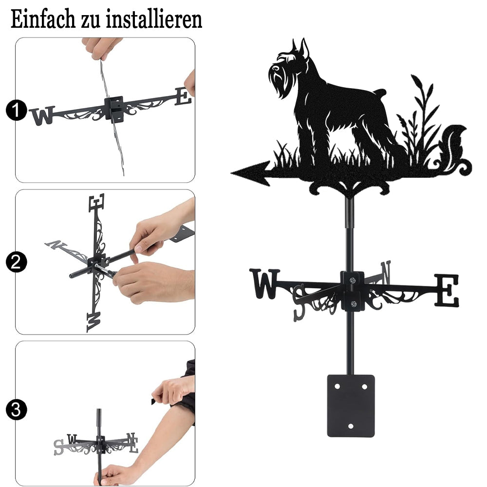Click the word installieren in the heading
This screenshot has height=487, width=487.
[154, 19]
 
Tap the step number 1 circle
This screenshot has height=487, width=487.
[16, 110]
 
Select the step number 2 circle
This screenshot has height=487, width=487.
[16, 262]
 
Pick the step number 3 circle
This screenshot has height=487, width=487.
[16, 410]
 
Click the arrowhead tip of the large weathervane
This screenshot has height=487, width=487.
[231, 173]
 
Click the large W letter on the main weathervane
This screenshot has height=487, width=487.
[265, 284]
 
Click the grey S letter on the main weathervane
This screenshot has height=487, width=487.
[300, 302]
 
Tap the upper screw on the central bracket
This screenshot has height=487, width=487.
[352, 281]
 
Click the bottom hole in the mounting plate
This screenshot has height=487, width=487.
[351, 426]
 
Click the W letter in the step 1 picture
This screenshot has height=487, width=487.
[42, 115]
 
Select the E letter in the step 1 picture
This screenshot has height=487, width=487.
[183, 96]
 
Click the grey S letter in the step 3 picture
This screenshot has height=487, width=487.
[58, 447]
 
